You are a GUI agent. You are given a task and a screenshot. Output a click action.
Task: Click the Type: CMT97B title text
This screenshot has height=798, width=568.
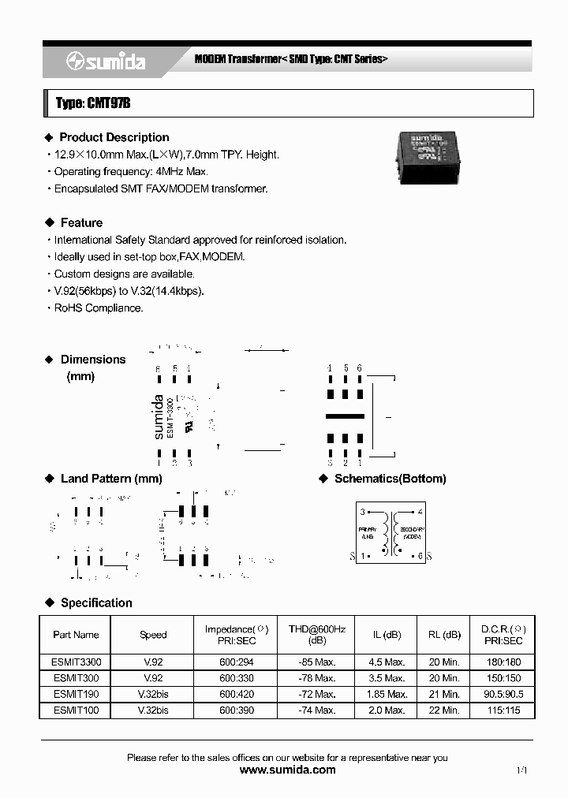(87, 103)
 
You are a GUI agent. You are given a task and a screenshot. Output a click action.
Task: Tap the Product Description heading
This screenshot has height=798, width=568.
(114, 137)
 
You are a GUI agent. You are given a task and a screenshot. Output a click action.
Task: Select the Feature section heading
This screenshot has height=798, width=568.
(81, 222)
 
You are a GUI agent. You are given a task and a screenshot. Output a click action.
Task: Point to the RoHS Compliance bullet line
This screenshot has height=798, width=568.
(98, 308)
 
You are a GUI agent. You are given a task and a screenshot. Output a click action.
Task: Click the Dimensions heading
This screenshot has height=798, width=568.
(93, 360)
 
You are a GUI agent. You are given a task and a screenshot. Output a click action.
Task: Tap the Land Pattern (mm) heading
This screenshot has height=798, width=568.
(110, 479)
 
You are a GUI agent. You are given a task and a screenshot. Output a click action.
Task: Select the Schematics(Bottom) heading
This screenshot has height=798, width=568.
(390, 479)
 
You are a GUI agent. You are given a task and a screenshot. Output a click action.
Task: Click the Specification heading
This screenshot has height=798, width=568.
(96, 602)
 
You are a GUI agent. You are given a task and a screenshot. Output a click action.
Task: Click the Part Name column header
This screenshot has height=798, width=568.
(76, 635)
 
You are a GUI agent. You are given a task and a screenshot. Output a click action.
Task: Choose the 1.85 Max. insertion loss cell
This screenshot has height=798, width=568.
(387, 695)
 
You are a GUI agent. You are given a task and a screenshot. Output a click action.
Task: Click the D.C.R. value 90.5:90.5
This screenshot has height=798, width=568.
(503, 695)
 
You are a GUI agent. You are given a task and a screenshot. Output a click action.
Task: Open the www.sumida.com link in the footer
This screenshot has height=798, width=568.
(287, 770)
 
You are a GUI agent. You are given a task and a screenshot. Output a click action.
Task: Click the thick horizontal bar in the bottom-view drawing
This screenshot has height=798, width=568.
(345, 416)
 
